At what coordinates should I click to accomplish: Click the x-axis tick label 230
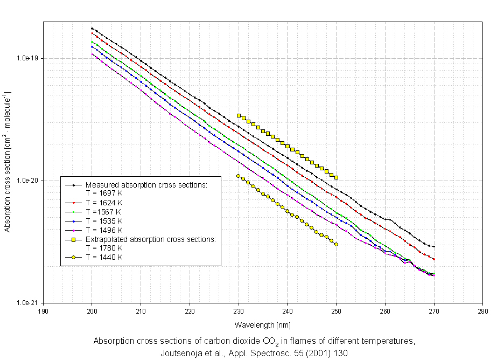(238, 311)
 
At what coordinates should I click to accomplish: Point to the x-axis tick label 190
(43, 311)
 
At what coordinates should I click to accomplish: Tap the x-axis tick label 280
(482, 311)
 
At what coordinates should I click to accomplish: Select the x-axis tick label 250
(336, 311)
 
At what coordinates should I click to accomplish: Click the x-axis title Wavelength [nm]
(262, 325)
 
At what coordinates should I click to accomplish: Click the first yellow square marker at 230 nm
(239, 115)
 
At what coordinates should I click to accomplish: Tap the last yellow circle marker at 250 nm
(336, 244)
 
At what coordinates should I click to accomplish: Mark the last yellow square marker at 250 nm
(336, 177)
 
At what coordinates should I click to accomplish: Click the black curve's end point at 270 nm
(433, 246)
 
